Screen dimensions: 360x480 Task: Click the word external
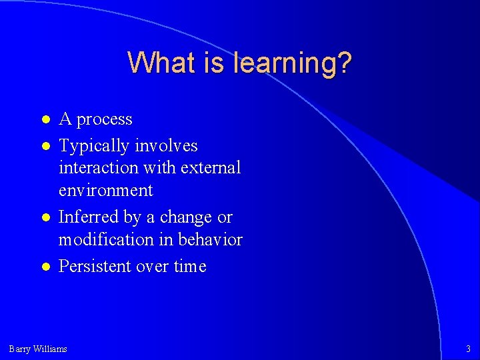click(x=213, y=168)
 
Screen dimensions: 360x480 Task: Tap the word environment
click(x=105, y=191)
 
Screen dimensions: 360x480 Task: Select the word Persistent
click(x=94, y=266)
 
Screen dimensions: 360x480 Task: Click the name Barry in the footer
click(x=20, y=349)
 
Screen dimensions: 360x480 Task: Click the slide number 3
click(x=467, y=349)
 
